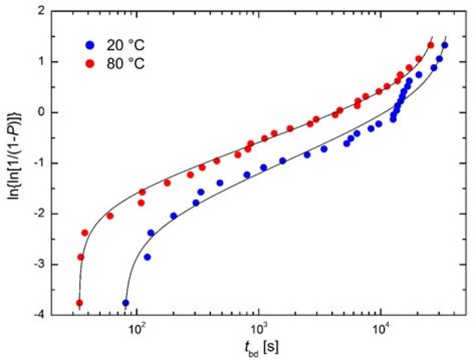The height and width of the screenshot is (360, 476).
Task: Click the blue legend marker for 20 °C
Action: [91, 46]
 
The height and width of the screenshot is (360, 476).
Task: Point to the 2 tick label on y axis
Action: [41, 11]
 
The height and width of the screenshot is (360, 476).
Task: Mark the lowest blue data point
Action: [126, 303]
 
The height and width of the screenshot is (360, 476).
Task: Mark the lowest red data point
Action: [79, 303]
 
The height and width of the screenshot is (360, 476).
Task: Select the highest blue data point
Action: [445, 45]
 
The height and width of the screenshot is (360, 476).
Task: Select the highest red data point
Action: [431, 45]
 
